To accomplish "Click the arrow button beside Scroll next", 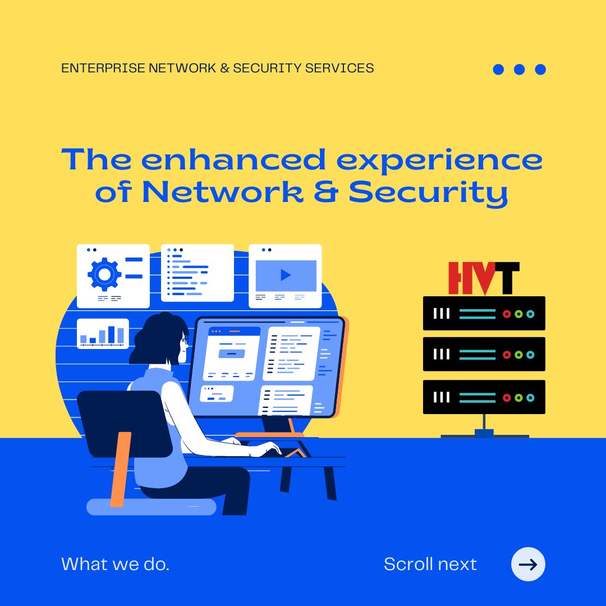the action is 528,564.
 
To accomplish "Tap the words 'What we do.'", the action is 115,564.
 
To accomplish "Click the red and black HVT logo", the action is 484,278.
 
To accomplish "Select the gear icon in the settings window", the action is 104,274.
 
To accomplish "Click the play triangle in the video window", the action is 286,275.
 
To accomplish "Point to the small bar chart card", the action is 103,333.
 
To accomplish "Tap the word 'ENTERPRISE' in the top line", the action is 103,68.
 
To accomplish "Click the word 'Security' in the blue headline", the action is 428,192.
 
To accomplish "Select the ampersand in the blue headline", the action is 326,192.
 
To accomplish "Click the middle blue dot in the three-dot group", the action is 519,69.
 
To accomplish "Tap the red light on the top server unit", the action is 507,314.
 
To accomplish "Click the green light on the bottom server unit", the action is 518,397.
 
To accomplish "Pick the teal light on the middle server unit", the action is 530,355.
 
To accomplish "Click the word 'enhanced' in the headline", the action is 233,159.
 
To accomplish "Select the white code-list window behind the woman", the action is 198,273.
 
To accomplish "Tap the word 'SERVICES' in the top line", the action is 339,68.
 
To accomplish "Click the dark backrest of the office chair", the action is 125,423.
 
